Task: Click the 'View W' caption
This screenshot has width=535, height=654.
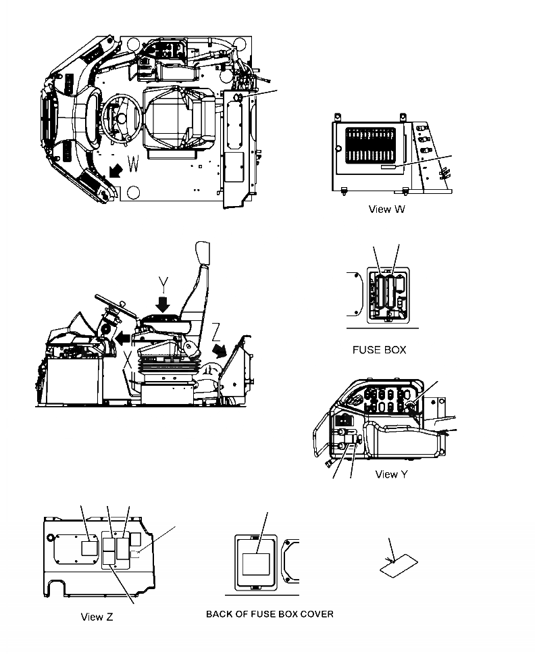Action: coord(387,209)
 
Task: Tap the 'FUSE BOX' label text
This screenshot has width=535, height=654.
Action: coord(379,350)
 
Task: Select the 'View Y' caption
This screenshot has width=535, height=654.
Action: coord(391,474)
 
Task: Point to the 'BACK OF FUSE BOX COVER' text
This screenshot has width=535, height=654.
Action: coord(269,614)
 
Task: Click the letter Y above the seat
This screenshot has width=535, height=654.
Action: coord(162,281)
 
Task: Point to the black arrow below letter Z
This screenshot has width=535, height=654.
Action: coord(218,351)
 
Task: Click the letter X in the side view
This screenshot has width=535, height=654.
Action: coord(127,368)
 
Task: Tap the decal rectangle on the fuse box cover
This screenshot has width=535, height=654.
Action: coord(256,563)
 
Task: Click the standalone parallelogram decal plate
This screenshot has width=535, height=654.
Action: coord(399,567)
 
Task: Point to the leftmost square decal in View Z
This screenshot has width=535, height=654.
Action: coord(89,548)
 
